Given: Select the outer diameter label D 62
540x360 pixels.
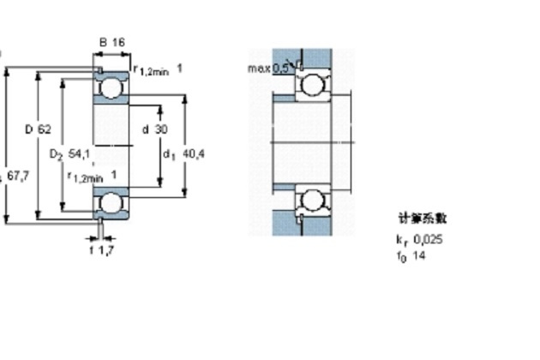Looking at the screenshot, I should tap(38, 129).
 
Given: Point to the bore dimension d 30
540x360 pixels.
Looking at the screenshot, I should tap(155, 129).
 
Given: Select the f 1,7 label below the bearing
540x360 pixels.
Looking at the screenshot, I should tap(102, 251).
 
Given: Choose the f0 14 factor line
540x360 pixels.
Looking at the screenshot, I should tap(411, 255).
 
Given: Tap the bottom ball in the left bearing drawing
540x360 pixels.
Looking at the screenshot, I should tap(111, 204).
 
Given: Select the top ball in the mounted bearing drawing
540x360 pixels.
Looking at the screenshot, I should tap(310, 83).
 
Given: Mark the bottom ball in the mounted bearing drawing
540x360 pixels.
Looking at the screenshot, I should tap(310, 201).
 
